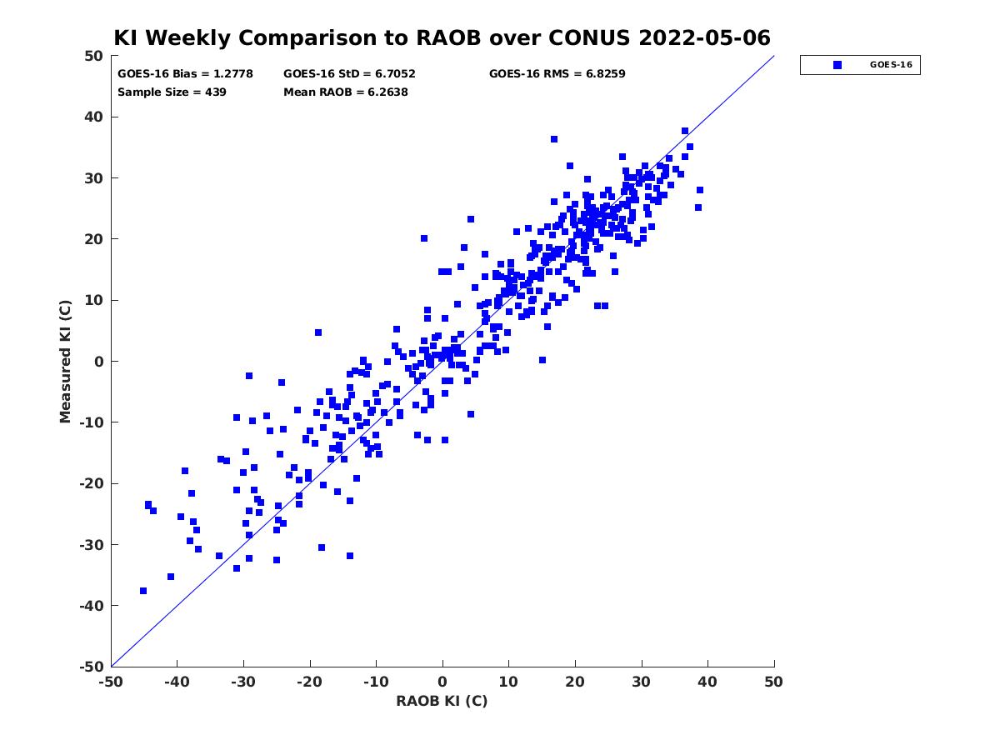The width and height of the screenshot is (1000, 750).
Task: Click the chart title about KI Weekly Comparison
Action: pyautogui.click(x=442, y=37)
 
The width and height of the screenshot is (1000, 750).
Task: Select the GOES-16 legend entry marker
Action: pyautogui.click(x=837, y=65)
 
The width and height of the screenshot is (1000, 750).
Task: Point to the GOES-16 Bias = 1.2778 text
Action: pyautogui.click(x=185, y=74)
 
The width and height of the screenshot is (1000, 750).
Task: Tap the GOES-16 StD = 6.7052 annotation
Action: pyautogui.click(x=349, y=74)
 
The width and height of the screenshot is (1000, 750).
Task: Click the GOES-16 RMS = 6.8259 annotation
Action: pyautogui.click(x=557, y=74)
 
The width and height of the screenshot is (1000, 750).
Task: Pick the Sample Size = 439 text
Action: pyautogui.click(x=172, y=92)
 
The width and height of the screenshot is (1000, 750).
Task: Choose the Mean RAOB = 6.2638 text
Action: pyautogui.click(x=345, y=92)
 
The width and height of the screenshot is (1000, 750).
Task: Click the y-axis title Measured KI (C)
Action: pyautogui.click(x=65, y=361)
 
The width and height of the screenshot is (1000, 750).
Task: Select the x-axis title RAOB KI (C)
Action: pyautogui.click(x=442, y=700)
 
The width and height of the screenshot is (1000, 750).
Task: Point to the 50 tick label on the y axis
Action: pyautogui.click(x=94, y=56)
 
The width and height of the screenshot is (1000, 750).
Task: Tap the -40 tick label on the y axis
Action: pyautogui.click(x=92, y=606)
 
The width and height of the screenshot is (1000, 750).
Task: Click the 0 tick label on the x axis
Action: pyautogui.click(x=442, y=682)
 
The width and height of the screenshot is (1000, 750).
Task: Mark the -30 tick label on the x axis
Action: pyautogui.click(x=243, y=682)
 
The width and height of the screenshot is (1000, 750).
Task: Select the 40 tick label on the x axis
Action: pyautogui.click(x=707, y=682)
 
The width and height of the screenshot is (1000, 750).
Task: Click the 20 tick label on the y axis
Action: pyautogui.click(x=94, y=239)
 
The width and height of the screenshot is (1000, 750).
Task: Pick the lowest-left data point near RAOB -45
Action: pyautogui.click(x=143, y=591)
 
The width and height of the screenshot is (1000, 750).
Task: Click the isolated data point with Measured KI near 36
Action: pyautogui.click(x=554, y=139)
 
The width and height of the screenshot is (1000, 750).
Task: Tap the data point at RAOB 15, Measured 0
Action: pyautogui.click(x=542, y=360)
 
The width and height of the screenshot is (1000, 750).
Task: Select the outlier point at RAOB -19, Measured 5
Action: pyautogui.click(x=318, y=332)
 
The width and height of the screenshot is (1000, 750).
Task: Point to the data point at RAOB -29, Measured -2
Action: pyautogui.click(x=248, y=376)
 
